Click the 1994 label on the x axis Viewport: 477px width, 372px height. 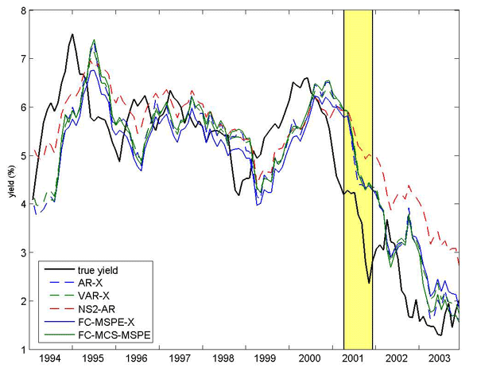coord(49,360)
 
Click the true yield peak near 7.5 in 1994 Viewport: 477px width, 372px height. coord(72,34)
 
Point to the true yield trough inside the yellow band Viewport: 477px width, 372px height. coord(369,283)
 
